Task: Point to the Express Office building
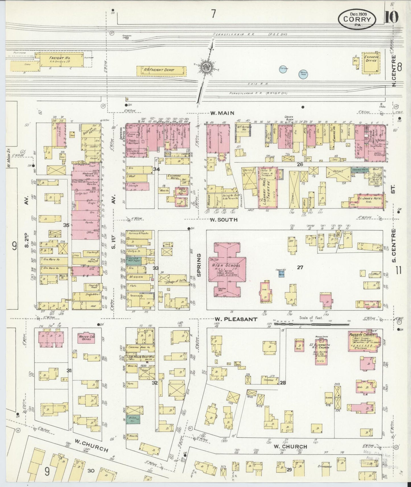click(x=371, y=61)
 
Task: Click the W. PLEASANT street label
click(x=236, y=319)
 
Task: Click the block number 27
click(x=300, y=267)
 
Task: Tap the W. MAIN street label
click(x=222, y=113)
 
